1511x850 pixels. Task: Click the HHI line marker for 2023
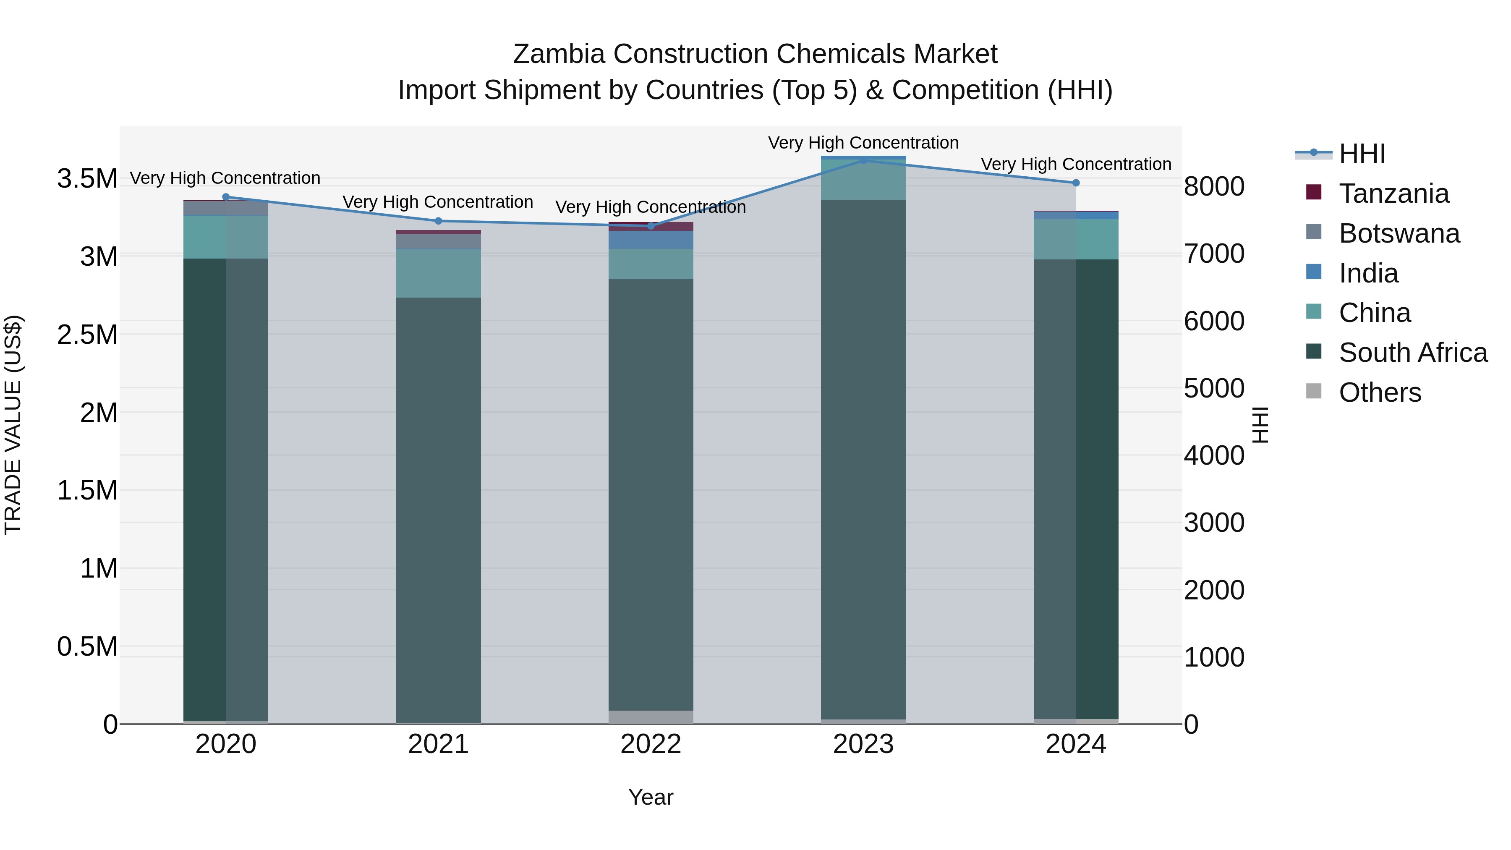click(x=863, y=160)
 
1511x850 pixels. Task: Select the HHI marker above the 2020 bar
click(x=226, y=197)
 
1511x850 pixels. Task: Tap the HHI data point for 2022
click(x=651, y=226)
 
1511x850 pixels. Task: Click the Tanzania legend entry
click(x=1393, y=194)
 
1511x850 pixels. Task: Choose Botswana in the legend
click(x=1399, y=233)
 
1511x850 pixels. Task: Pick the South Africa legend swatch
click(x=1314, y=352)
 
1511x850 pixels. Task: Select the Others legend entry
click(x=1380, y=392)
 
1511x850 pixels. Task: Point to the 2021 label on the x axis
click(x=438, y=744)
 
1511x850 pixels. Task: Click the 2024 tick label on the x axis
click(x=1075, y=744)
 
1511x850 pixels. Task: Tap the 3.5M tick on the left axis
click(x=87, y=178)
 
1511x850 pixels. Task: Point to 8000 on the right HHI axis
click(x=1213, y=186)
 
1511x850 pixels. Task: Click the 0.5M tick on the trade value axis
click(x=87, y=646)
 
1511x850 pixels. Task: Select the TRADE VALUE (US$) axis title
click(x=13, y=425)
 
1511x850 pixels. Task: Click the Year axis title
click(x=651, y=797)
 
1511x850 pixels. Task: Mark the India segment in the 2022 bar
click(x=651, y=240)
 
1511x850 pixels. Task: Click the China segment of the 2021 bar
click(x=438, y=273)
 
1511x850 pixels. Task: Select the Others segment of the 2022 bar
click(x=651, y=717)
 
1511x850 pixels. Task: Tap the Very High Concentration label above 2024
click(x=1076, y=164)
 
